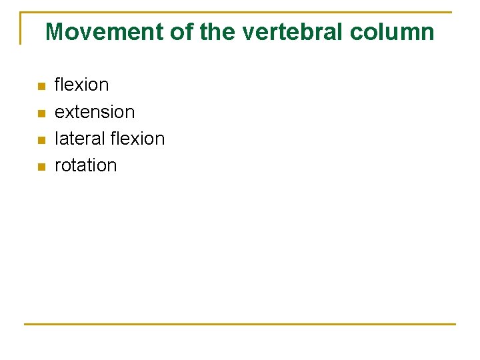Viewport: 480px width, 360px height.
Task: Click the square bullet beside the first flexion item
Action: click(41, 86)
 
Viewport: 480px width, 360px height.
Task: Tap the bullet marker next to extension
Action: click(41, 113)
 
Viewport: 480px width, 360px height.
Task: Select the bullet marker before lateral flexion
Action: click(41, 139)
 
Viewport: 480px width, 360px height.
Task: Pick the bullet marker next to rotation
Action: click(41, 166)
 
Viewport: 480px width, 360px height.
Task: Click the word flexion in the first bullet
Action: click(81, 85)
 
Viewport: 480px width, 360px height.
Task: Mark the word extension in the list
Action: click(95, 112)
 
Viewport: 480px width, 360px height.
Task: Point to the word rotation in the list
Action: click(85, 165)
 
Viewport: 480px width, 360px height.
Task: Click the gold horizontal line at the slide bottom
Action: click(240, 324)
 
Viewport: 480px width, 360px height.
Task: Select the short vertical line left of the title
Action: click(21, 28)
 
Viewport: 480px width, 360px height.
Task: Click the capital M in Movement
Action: click(54, 31)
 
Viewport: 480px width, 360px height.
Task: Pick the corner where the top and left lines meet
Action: click(21, 12)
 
